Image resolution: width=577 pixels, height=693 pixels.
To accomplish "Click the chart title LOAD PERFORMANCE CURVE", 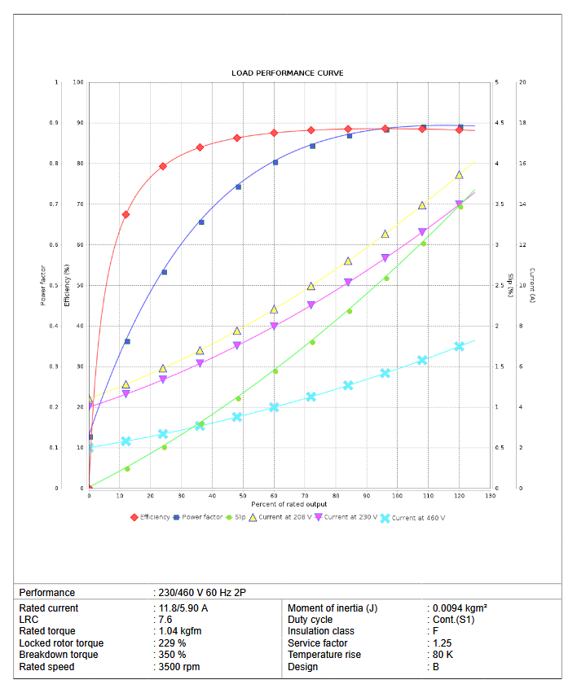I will pyautogui.click(x=288, y=73).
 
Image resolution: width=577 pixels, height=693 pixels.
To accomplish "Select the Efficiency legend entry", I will pyautogui.click(x=154, y=517).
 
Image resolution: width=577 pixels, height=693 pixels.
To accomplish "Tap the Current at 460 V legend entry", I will pyautogui.click(x=417, y=517).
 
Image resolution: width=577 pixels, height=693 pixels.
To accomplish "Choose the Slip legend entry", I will pyautogui.click(x=240, y=517).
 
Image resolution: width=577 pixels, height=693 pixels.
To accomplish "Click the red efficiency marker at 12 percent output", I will pyautogui.click(x=126, y=214).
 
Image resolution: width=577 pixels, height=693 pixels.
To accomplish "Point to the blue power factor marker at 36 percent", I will pyautogui.click(x=201, y=222).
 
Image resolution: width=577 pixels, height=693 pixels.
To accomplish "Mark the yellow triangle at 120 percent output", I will pyautogui.click(x=459, y=175).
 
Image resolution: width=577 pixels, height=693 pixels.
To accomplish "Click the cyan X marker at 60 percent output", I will pyautogui.click(x=274, y=407).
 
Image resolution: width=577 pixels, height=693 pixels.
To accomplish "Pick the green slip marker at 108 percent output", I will pyautogui.click(x=423, y=243).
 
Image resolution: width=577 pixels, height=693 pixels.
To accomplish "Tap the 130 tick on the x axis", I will pyautogui.click(x=490, y=495).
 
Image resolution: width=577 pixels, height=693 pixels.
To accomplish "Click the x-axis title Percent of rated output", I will pyautogui.click(x=289, y=504).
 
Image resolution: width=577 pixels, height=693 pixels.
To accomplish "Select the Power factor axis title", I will pyautogui.click(x=43, y=285).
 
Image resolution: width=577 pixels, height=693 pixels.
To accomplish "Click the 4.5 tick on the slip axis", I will pyautogui.click(x=500, y=123).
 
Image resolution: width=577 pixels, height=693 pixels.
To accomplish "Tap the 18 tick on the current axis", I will pyautogui.click(x=522, y=123).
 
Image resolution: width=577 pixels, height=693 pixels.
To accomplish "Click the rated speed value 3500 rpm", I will pyautogui.click(x=178, y=667).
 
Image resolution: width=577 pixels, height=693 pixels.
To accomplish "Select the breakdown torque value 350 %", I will pyautogui.click(x=171, y=655).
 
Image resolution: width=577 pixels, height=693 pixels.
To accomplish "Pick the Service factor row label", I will pyautogui.click(x=319, y=643).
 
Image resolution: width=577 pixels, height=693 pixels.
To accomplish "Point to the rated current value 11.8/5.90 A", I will pyautogui.click(x=183, y=607).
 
